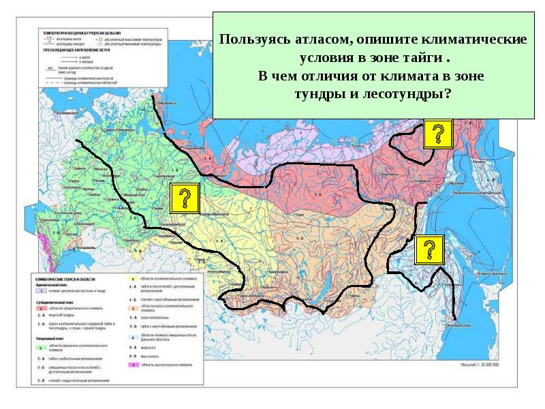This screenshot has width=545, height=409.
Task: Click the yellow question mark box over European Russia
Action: pos(183,198)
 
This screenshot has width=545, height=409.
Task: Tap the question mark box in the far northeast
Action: pos(437,134)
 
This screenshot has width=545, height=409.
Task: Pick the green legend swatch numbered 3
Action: pos(40,347)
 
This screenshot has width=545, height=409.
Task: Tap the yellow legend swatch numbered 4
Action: pos(132,279)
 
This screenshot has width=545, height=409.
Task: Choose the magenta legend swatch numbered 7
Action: pos(132,365)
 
